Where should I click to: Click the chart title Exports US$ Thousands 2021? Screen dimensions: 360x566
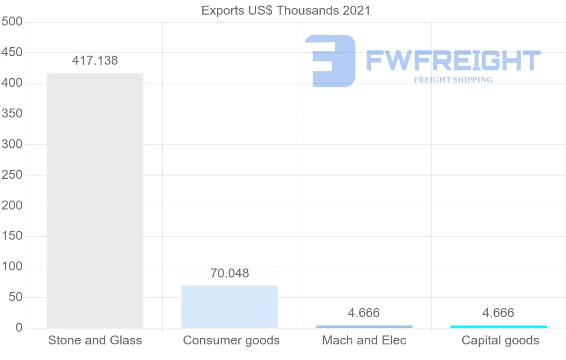tap(286, 10)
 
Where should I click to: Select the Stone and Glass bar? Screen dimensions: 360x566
tap(95, 201)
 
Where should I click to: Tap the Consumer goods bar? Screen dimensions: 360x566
tap(230, 307)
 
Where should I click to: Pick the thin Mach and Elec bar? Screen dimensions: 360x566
tap(364, 327)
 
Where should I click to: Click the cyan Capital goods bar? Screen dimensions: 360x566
tap(499, 327)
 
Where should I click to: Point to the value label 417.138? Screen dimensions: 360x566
tap(95, 60)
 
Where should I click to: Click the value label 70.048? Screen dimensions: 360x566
tap(230, 273)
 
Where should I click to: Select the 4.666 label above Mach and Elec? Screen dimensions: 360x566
tap(364, 313)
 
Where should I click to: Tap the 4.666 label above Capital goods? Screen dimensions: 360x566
tap(499, 313)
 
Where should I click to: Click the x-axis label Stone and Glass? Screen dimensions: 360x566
tap(95, 340)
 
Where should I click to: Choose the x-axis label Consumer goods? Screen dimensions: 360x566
tap(231, 340)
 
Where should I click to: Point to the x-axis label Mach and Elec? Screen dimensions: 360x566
tap(364, 340)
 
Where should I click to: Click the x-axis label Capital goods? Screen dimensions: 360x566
tap(500, 340)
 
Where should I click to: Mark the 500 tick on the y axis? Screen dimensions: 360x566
tap(12, 22)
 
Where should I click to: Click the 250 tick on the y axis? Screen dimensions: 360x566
tap(12, 175)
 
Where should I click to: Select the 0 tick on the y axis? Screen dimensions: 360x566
tap(19, 328)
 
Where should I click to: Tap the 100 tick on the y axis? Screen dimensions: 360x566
tap(12, 267)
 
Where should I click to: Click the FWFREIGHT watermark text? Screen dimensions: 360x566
tap(453, 60)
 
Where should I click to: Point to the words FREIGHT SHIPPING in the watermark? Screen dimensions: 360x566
tap(453, 80)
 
